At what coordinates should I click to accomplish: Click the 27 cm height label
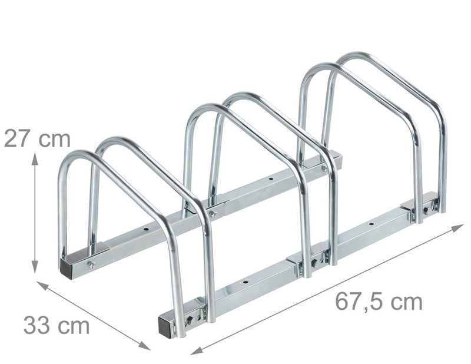(x=37, y=139)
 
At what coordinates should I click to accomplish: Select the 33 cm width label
(x=57, y=325)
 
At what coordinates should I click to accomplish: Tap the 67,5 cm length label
(x=379, y=302)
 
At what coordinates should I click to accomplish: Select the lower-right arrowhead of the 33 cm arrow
(x=146, y=348)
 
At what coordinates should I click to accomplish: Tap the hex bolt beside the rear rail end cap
(x=92, y=264)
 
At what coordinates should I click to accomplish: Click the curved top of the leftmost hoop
(x=79, y=155)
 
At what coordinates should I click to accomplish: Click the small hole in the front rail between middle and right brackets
(x=370, y=224)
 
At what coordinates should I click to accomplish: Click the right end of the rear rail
(x=336, y=158)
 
